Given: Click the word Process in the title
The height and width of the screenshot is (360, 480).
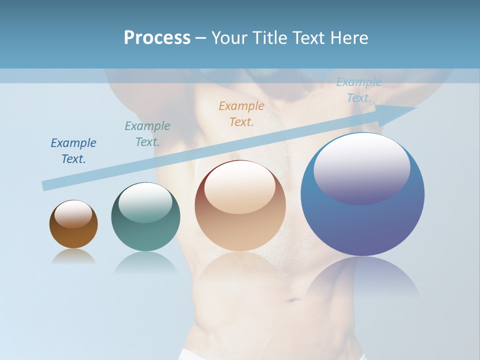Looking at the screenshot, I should (x=157, y=38).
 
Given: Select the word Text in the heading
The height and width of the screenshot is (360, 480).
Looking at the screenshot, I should (x=307, y=38).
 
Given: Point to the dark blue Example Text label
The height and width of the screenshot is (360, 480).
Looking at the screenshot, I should (x=73, y=150).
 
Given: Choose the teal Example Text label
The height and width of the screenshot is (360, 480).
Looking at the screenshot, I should (x=147, y=133).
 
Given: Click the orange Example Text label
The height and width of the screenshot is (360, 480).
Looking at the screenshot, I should (x=241, y=113).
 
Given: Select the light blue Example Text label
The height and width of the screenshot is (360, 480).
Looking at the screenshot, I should (x=359, y=90).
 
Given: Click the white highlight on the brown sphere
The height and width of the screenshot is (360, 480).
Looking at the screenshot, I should (x=73, y=214).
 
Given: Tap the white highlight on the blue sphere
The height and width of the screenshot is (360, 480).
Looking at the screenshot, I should (x=362, y=167).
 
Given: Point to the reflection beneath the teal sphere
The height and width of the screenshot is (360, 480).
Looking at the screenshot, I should (x=145, y=262).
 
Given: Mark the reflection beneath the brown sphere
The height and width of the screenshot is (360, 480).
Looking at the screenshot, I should (x=73, y=256).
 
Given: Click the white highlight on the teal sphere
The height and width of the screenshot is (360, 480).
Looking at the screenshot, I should (x=145, y=202).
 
